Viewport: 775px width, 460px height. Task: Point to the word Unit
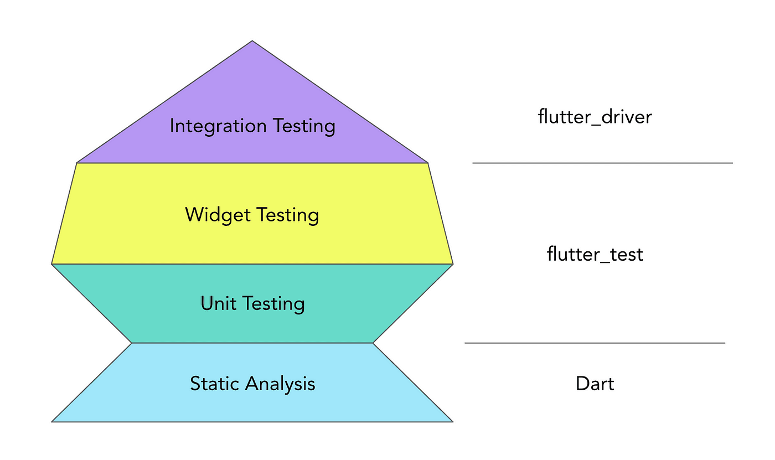coord(214,303)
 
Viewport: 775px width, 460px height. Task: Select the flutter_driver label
coord(595,117)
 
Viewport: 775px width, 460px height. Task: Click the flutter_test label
coord(595,254)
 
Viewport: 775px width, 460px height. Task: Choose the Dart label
coord(595,384)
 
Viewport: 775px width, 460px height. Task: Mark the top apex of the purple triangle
coord(252,41)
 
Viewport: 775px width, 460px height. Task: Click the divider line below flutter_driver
coord(602,163)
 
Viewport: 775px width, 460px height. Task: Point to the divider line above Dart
coord(595,343)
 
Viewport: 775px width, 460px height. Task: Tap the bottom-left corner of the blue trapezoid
coord(52,422)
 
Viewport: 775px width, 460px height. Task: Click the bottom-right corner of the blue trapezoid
coord(453,422)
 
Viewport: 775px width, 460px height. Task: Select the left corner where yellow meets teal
coord(52,264)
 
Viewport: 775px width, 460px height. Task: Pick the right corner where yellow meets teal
coord(453,264)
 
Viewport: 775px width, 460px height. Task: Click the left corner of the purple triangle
coord(77,163)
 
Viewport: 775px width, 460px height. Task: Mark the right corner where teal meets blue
coord(373,343)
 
